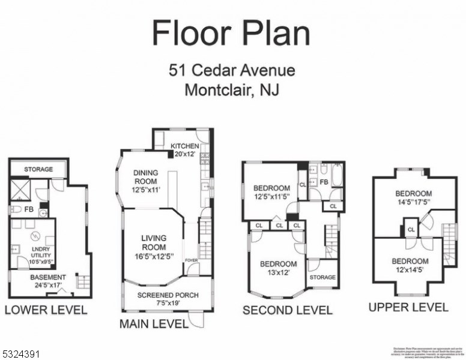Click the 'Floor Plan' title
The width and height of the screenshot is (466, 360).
click(x=231, y=32)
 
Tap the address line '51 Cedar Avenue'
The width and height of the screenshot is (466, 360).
click(x=232, y=70)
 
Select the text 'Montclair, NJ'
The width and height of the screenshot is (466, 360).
click(x=232, y=92)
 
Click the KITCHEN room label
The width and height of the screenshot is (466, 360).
click(x=185, y=146)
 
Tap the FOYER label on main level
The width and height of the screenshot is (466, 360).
click(x=191, y=260)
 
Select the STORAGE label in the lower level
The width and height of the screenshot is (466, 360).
click(x=38, y=169)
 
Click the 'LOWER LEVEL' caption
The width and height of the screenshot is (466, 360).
click(x=46, y=310)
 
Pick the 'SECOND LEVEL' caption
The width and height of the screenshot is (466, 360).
click(x=287, y=310)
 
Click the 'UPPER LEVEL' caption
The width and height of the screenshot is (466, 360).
click(x=408, y=307)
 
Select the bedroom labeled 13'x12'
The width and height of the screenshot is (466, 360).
click(x=278, y=268)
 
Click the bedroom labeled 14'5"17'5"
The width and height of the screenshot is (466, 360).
click(x=413, y=197)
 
